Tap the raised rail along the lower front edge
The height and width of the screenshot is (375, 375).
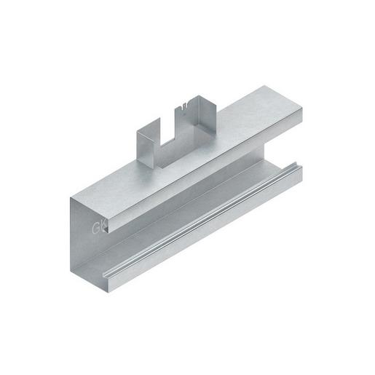point(204,218)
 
